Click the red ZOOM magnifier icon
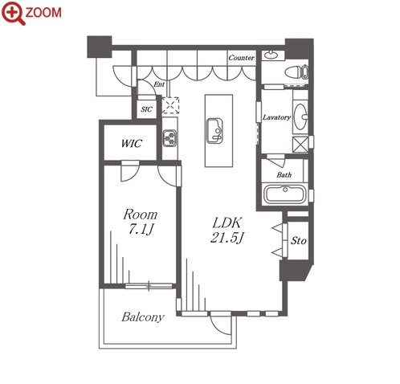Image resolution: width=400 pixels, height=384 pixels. [14, 13]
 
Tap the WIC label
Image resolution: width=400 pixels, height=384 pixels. [131, 143]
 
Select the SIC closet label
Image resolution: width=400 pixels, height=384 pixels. [146, 109]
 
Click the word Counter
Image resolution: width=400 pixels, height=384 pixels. [241, 58]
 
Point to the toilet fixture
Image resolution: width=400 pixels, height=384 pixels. [296, 72]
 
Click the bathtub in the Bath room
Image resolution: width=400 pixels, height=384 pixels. [285, 194]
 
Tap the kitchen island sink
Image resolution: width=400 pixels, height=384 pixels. [214, 131]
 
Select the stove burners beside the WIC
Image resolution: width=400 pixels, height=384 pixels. [169, 138]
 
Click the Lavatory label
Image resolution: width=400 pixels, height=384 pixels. [276, 117]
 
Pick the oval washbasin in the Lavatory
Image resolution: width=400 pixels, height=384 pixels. [300, 116]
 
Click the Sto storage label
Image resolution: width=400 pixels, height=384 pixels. [299, 240]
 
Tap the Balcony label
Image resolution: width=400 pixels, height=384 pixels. [143, 317]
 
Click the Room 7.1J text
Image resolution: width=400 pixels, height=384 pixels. [141, 222]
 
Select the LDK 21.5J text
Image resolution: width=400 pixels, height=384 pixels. [227, 230]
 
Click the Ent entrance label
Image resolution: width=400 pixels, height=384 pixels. [159, 84]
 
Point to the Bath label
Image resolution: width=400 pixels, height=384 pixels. [284, 175]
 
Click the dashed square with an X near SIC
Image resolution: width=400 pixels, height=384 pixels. [170, 105]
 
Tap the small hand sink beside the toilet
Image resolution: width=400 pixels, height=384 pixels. [271, 55]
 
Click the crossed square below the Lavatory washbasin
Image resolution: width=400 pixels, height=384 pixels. [300, 145]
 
